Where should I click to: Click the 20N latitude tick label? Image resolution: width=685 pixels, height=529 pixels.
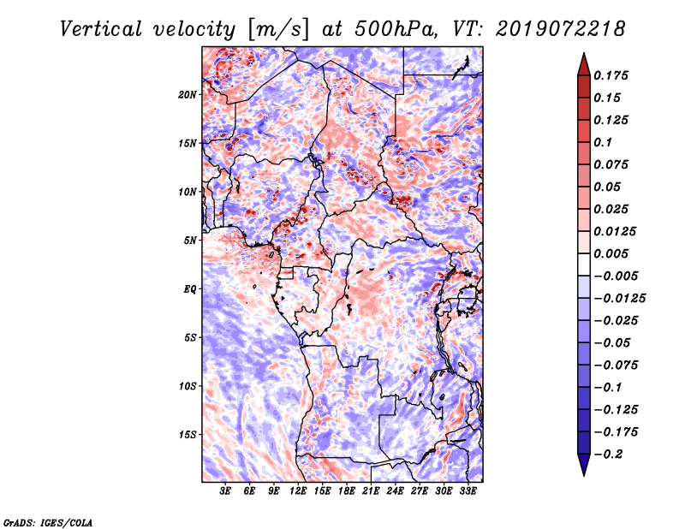pos(188,95)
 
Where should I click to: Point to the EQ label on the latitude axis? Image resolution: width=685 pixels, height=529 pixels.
pos(190,289)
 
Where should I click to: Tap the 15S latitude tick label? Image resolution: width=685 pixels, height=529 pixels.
pos(188,435)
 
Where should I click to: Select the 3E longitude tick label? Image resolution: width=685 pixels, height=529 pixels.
pos(225,491)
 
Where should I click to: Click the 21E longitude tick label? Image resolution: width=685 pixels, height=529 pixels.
pos(371,491)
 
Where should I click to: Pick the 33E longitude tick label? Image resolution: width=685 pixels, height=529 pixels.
pos(468,491)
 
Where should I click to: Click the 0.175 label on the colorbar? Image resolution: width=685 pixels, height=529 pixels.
pos(611,75)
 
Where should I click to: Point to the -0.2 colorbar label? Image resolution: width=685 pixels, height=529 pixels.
pos(609,455)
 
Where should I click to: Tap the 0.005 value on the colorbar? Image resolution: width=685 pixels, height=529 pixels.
pos(611,253)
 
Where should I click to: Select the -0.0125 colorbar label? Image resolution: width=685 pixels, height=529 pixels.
pos(619,299)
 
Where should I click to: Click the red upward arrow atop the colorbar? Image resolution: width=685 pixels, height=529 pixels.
pos(584,64)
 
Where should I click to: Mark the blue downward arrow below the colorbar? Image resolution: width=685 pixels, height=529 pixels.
pos(584,465)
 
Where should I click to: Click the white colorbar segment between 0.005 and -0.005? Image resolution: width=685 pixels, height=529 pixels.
pos(584,264)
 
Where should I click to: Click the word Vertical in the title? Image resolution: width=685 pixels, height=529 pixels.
pos(101,29)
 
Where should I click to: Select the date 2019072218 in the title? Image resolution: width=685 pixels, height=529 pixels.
pos(561,29)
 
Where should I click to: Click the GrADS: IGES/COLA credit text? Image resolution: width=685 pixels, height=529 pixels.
pos(48,522)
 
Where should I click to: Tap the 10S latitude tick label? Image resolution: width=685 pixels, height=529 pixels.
pos(188,387)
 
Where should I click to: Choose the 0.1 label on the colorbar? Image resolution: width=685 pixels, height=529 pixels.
pos(603,142)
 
